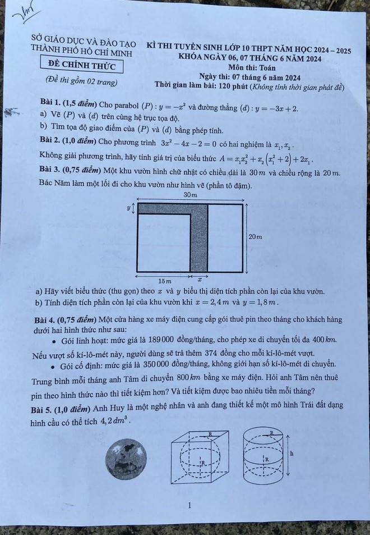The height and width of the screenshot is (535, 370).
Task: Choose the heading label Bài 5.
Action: pyautogui.click(x=42, y=405)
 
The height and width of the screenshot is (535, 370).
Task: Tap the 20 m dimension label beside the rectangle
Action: pyautogui.click(x=255, y=237)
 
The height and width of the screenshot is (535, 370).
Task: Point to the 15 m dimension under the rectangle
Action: pyautogui.click(x=164, y=280)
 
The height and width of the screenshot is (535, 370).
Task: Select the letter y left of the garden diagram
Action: pyautogui.click(x=128, y=207)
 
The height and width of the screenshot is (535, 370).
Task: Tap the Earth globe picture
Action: pyautogui.click(x=127, y=459)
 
